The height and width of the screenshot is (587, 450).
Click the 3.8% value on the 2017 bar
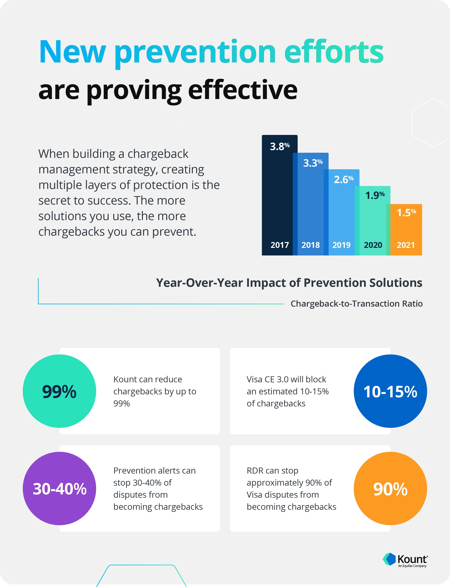pos(279,146)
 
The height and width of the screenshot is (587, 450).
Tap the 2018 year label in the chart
pos(310,245)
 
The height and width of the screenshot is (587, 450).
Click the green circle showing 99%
pos(59,391)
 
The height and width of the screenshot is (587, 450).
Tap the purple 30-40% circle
pos(59,488)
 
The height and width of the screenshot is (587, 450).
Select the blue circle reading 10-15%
pos(390,391)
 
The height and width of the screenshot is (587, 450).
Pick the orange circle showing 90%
pos(390,488)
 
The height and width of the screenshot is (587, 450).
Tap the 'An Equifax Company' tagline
pos(412,566)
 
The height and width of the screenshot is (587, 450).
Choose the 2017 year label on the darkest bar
pos(279,245)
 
